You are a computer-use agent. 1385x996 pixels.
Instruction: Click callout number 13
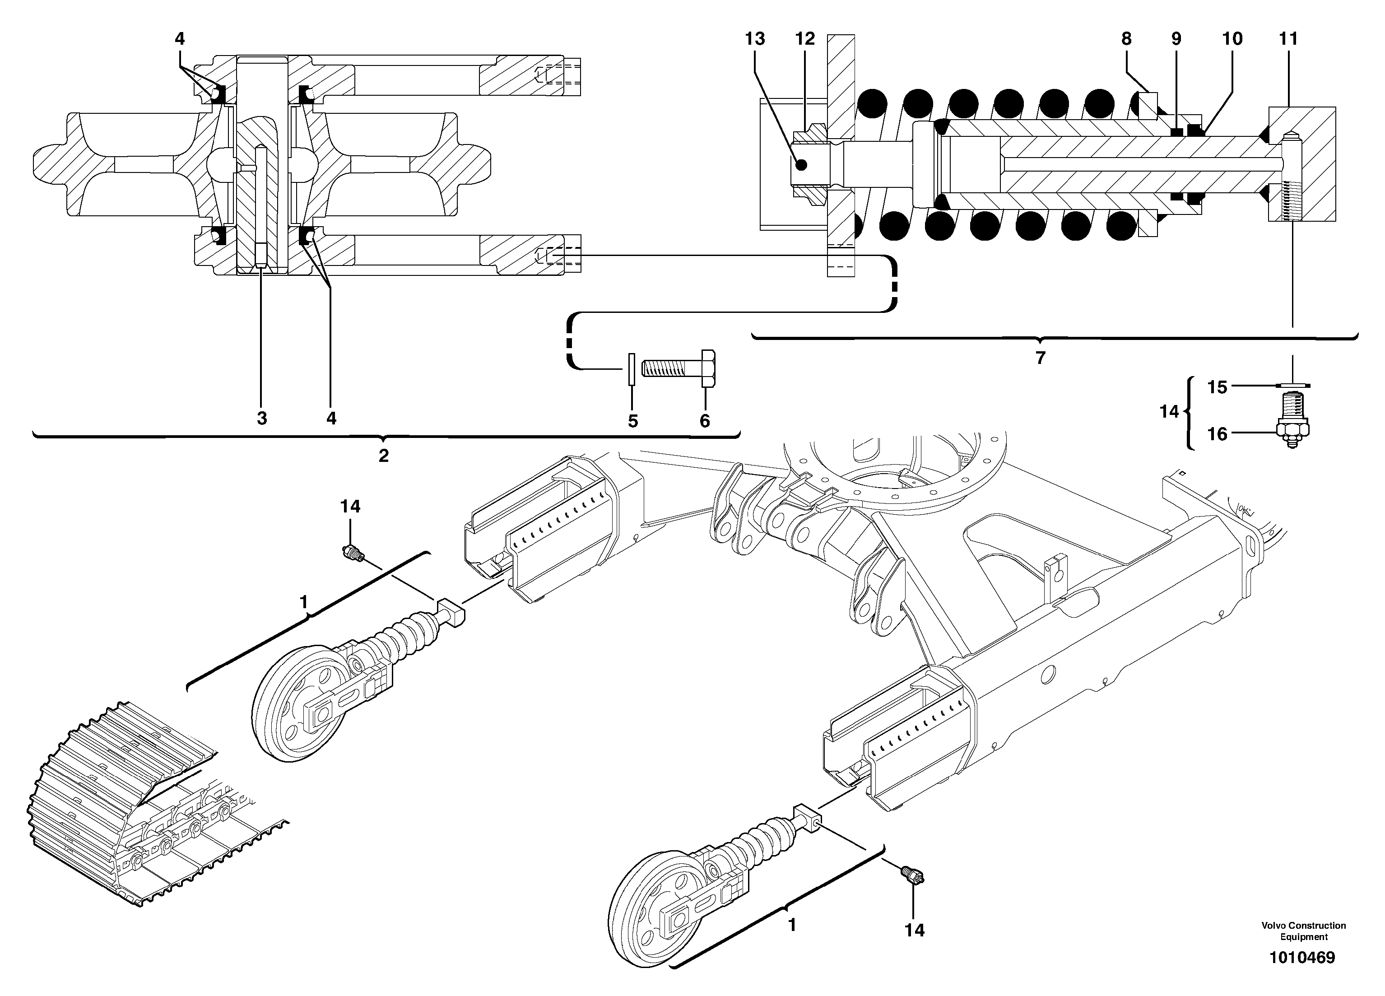(x=755, y=39)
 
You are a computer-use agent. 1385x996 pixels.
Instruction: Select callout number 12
(x=805, y=39)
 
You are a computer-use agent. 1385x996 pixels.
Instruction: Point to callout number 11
(x=1288, y=39)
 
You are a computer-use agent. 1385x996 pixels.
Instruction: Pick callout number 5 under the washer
(x=632, y=421)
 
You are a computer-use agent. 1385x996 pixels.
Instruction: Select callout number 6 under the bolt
(x=705, y=421)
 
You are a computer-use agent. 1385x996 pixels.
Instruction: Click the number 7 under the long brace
(x=1041, y=358)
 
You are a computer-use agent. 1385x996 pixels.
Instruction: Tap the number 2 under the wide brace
(x=384, y=456)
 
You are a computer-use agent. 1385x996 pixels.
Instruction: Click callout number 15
(x=1217, y=387)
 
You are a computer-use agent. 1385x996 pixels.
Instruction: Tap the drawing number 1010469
(x=1302, y=958)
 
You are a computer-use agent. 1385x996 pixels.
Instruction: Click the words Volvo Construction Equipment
(x=1303, y=931)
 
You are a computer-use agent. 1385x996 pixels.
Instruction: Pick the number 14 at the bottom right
(x=914, y=930)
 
